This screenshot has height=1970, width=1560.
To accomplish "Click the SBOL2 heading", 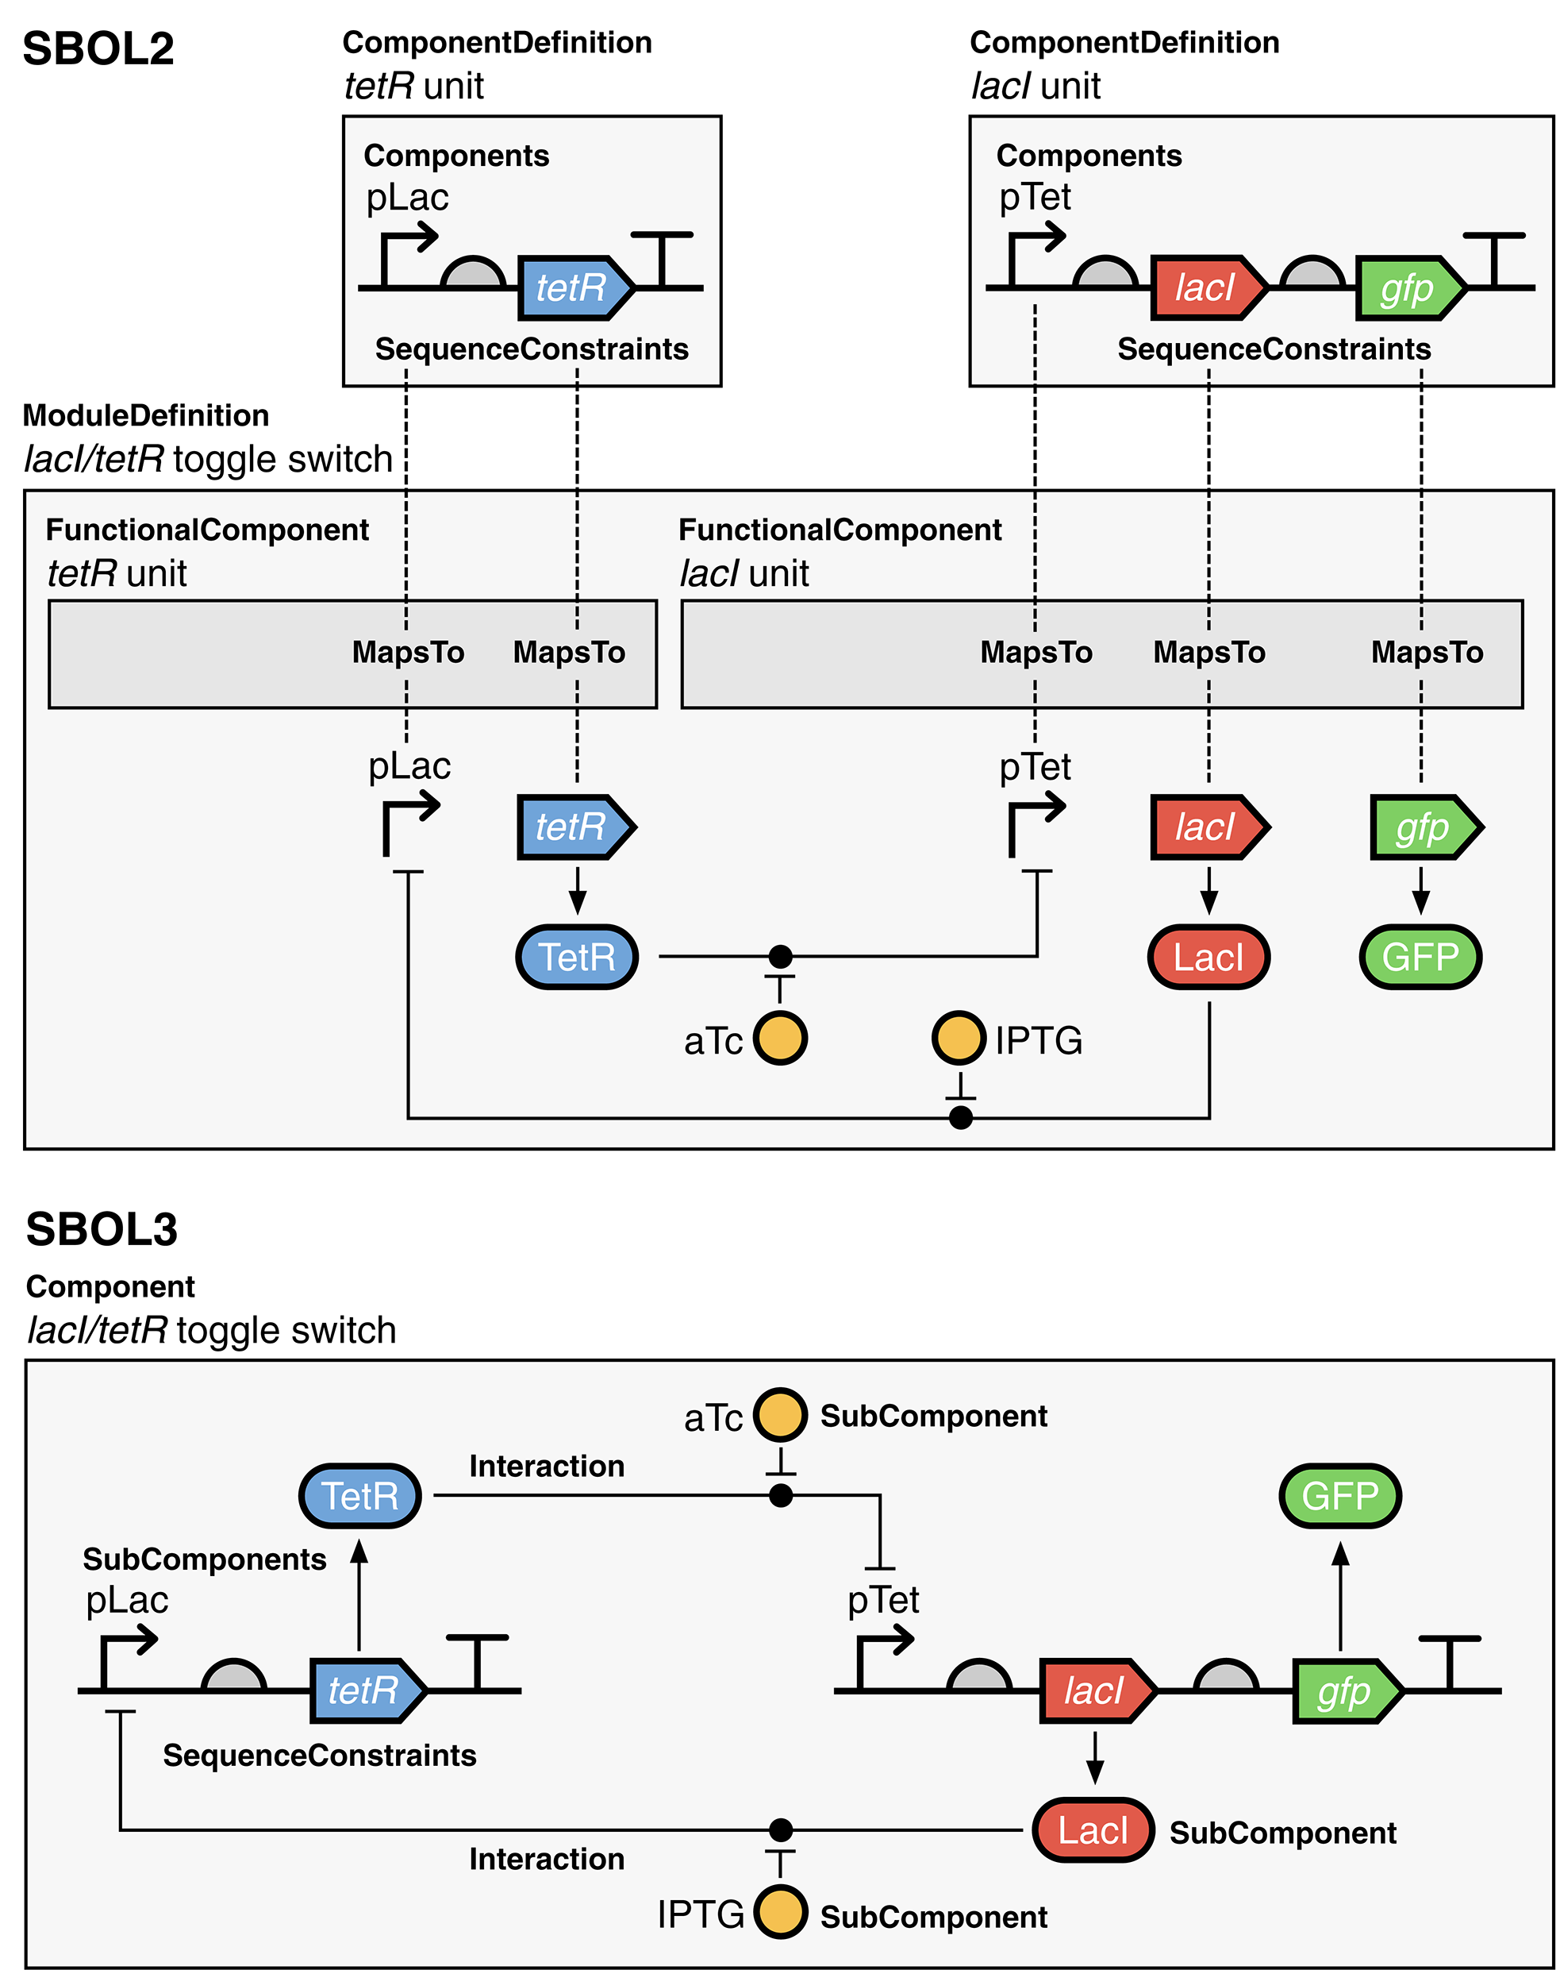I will pos(98,48).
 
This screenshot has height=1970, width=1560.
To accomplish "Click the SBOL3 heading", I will pos(102,1229).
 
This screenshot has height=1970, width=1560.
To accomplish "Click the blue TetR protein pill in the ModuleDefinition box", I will pos(576,957).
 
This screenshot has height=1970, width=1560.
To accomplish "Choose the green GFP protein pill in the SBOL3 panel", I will pos(1339,1496).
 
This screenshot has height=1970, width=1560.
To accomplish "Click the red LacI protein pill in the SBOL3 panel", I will pos(1093,1830).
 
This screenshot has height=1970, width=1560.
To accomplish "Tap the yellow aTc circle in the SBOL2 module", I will pos(780,1038).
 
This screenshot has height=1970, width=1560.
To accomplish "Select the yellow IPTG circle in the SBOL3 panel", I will pos(780,1913).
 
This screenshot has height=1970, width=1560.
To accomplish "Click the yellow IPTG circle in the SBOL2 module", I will pos(958,1038).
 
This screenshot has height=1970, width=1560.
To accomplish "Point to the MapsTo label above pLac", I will pos(409,653).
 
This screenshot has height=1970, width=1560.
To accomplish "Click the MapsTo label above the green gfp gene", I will pos(1427,653).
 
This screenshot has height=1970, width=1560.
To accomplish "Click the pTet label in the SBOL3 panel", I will pos(883,1600).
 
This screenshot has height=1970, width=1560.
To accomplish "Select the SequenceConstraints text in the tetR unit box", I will pos(532,349).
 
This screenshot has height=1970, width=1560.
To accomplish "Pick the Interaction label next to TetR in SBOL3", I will pos(546,1466).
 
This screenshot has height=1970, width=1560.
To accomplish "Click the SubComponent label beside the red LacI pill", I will pos(1282,1833).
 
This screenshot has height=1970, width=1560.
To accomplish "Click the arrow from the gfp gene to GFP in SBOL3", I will pos(1340,1594).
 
